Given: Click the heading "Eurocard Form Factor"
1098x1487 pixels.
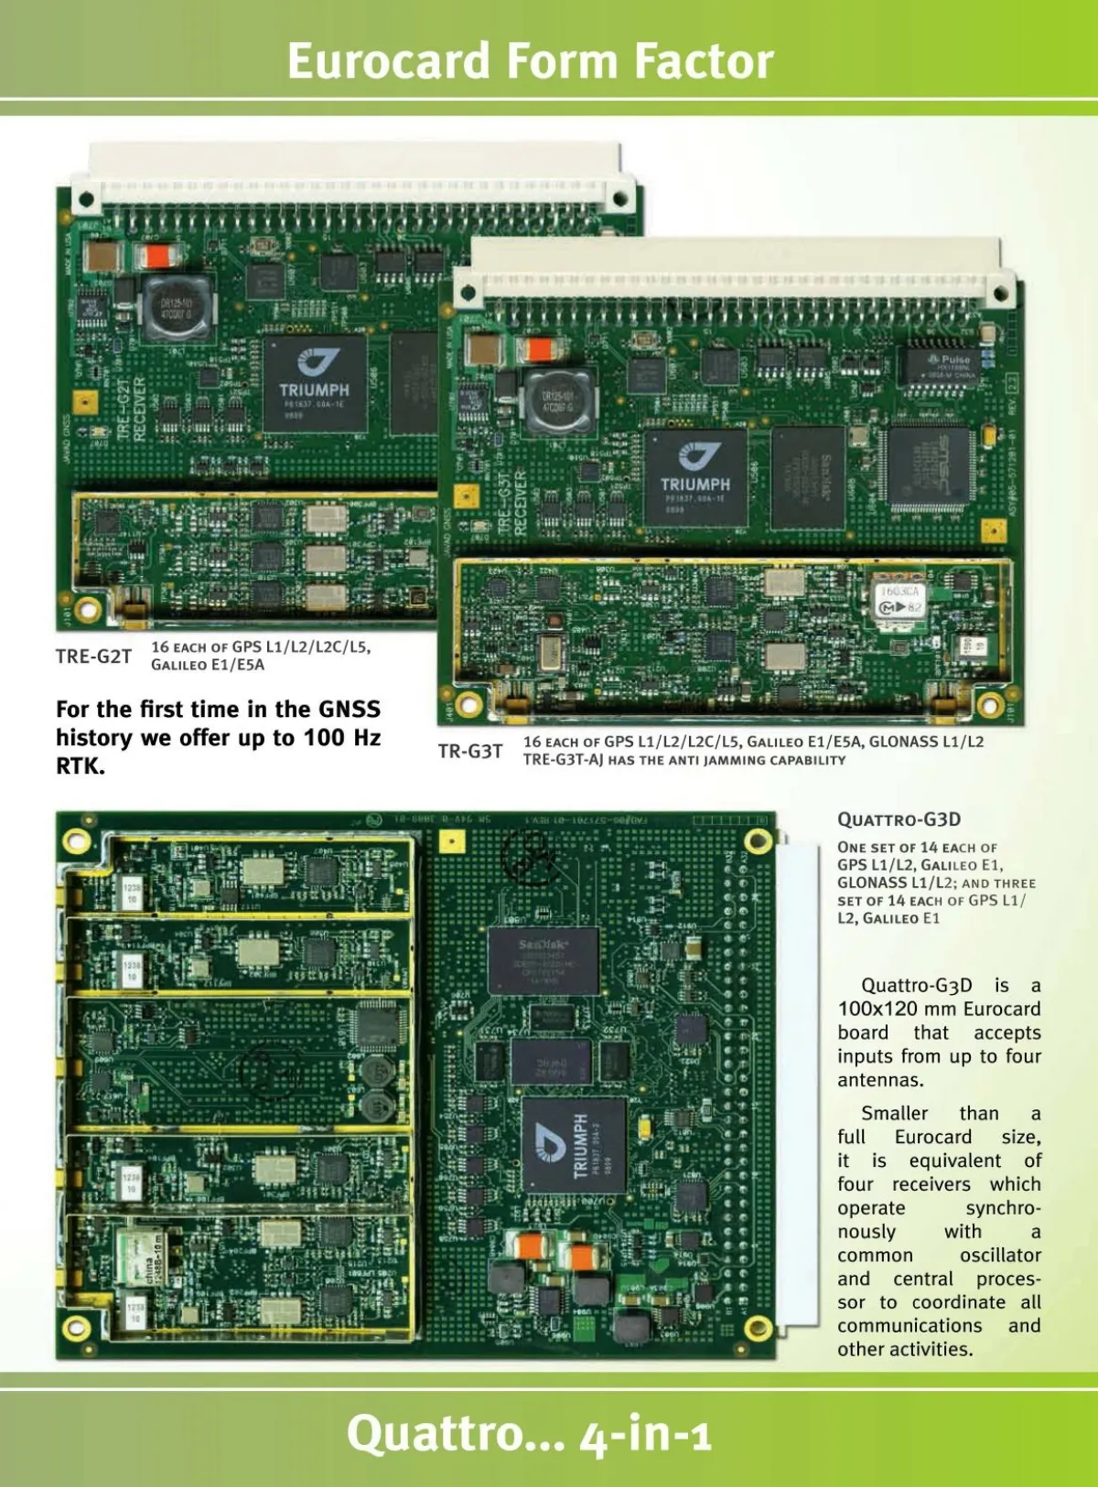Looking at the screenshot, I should click(x=531, y=61).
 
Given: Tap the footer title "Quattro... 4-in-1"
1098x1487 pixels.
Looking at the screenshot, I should click(x=529, y=1432).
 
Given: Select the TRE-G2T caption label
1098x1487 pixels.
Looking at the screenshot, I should click(x=93, y=657).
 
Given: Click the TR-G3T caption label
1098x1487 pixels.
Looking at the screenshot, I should click(x=469, y=752).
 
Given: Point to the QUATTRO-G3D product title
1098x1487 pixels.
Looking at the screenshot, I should click(x=899, y=819).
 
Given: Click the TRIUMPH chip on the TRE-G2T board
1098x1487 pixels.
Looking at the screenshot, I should click(x=314, y=382).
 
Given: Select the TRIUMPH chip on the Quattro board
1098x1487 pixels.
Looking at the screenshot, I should click(x=573, y=1145).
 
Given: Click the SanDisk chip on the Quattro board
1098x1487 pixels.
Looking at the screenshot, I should click(x=544, y=960).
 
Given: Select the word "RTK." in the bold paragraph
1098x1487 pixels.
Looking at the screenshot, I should click(x=81, y=766).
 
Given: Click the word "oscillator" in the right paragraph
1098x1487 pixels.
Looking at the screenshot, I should click(x=1000, y=1256).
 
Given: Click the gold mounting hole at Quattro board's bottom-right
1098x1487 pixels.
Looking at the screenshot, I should click(x=757, y=1328).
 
